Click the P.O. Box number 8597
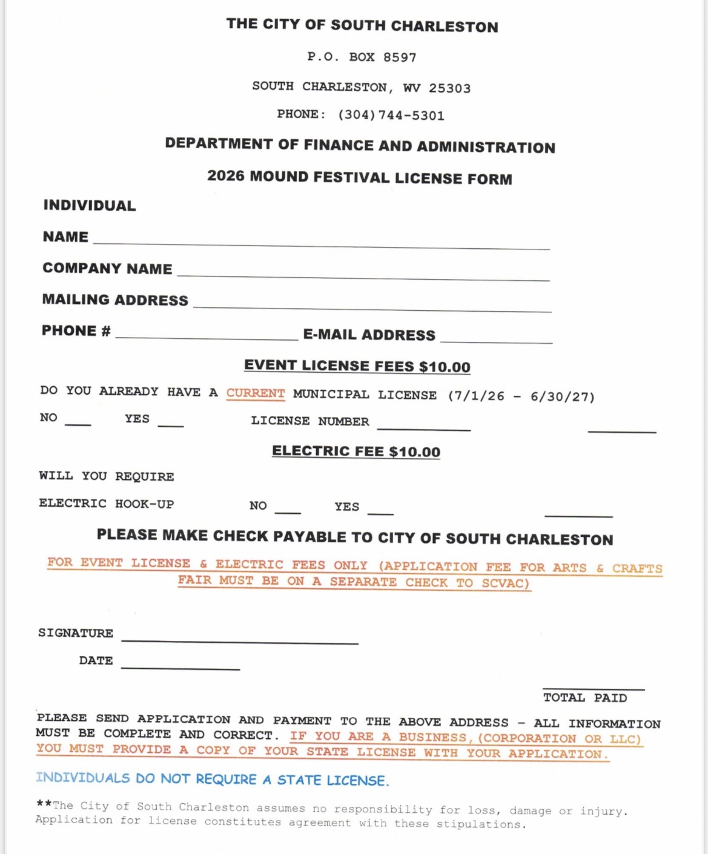click(x=400, y=57)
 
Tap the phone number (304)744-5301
click(x=391, y=116)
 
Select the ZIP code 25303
click(x=449, y=88)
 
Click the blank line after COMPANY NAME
click(x=363, y=275)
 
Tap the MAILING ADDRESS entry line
click(x=372, y=307)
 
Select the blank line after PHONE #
click(x=206, y=337)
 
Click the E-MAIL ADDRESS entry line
click(x=496, y=341)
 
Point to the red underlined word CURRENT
click(x=256, y=393)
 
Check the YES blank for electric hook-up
click(x=380, y=511)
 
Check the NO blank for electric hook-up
click(x=288, y=511)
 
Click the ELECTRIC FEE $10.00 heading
click(x=356, y=452)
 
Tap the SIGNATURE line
click(x=240, y=639)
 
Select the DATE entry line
click(x=180, y=666)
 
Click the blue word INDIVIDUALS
click(x=83, y=778)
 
